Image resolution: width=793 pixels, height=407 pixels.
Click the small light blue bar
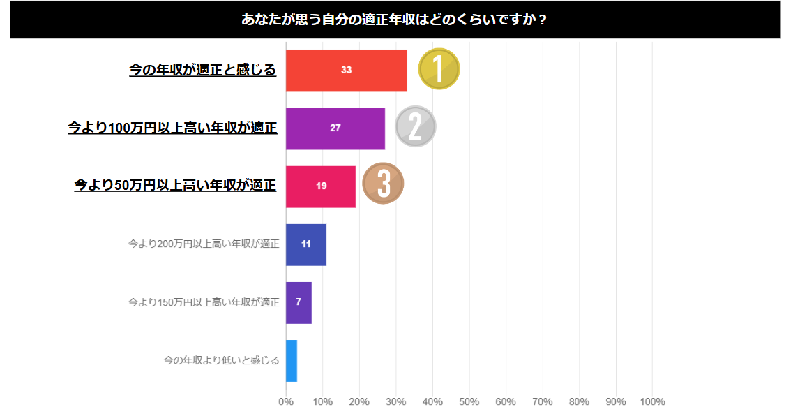pyautogui.click(x=292, y=360)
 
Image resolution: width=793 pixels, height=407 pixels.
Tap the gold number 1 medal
pyautogui.click(x=439, y=69)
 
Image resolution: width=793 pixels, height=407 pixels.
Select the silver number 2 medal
pyautogui.click(x=415, y=127)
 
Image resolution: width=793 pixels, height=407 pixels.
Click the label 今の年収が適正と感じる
pyautogui.click(x=203, y=70)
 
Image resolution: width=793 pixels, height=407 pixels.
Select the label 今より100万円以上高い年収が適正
pyautogui.click(x=172, y=128)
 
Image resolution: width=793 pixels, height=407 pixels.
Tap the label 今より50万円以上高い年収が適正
pyautogui.click(x=176, y=186)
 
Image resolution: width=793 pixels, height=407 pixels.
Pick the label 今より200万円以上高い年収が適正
pyautogui.click(x=204, y=244)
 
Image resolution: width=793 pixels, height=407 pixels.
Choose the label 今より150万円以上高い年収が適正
pyautogui.click(x=204, y=302)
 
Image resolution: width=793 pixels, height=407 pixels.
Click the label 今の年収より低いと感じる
pyautogui.click(x=221, y=360)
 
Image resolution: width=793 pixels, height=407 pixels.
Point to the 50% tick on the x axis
pyautogui.click(x=469, y=401)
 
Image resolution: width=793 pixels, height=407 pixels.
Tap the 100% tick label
pyautogui.click(x=651, y=401)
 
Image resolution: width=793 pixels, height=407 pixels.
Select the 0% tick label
pyautogui.click(x=286, y=401)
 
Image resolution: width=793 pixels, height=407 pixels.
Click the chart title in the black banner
pyautogui.click(x=395, y=20)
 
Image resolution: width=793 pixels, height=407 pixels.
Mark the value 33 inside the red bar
pyautogui.click(x=346, y=71)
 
